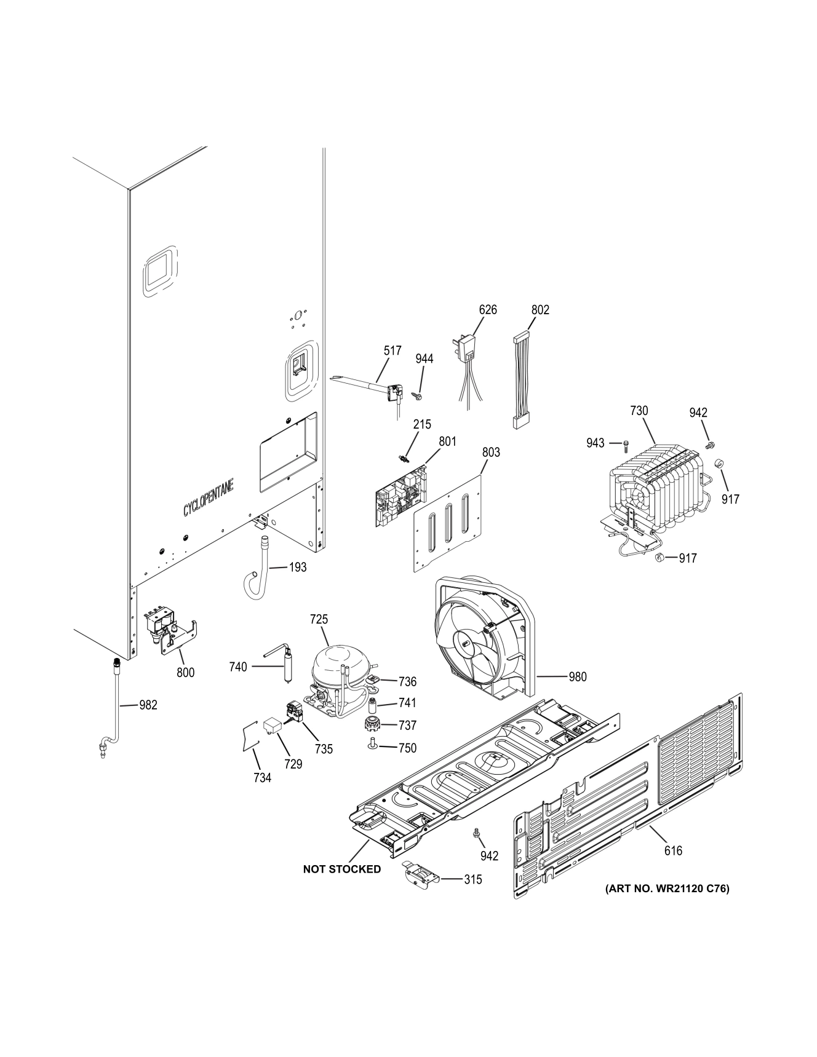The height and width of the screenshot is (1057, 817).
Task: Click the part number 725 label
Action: [319, 619]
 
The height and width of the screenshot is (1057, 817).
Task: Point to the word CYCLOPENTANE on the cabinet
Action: [208, 497]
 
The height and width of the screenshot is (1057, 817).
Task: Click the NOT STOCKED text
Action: [341, 869]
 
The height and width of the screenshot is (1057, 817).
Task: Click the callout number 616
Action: [673, 850]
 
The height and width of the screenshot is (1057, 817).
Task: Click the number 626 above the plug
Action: [488, 309]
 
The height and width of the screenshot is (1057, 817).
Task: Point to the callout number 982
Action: [148, 705]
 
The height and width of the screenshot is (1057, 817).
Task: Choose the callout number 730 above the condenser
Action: [639, 410]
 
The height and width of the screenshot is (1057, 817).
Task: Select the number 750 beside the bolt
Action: [407, 748]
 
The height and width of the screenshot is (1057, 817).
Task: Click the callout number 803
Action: [491, 452]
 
